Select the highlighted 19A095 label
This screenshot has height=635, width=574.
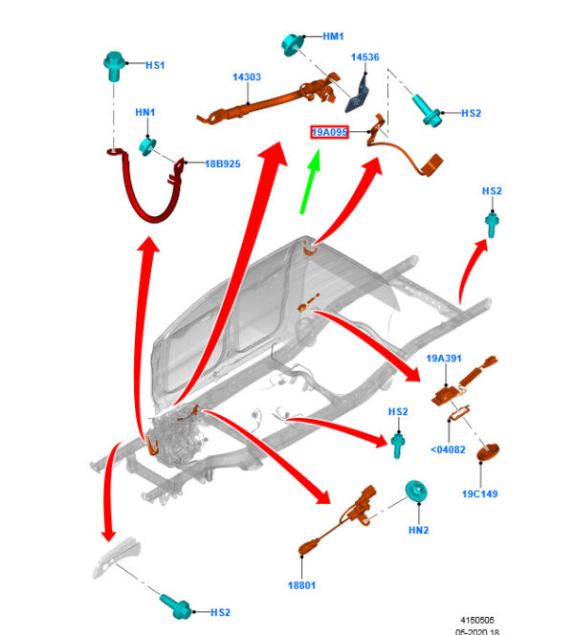coord(328,132)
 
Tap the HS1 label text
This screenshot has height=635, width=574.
coord(155,65)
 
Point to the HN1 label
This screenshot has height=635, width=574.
coord(144,113)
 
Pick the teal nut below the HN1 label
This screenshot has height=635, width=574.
coord(148,145)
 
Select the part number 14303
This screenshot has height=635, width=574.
coord(246,77)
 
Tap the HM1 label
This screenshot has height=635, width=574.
coord(333,36)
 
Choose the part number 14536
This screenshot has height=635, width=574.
coord(364,57)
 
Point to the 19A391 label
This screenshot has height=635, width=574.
coord(444,359)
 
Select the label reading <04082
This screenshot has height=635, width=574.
coord(448,448)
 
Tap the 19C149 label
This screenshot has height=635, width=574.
coord(480,494)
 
